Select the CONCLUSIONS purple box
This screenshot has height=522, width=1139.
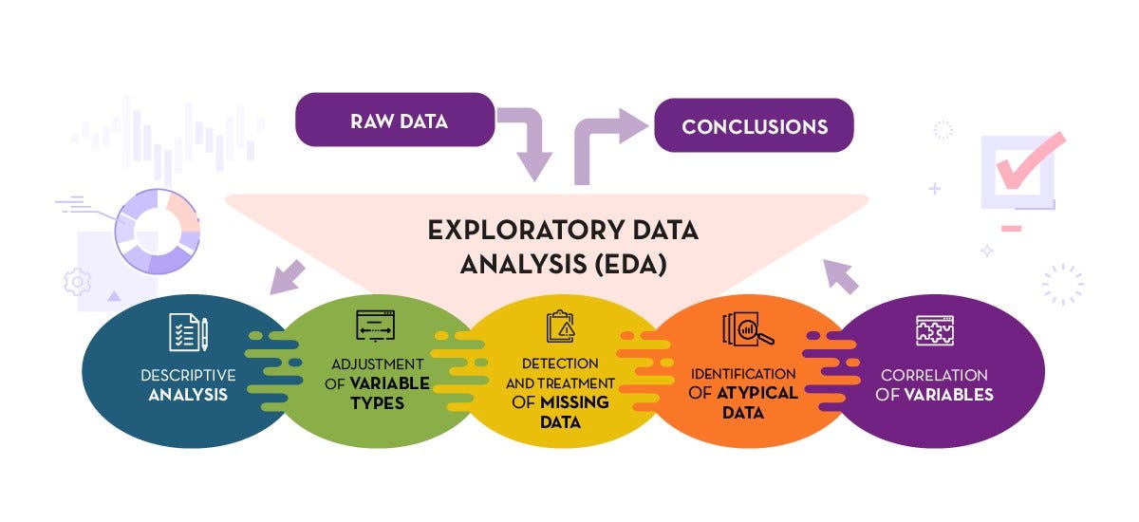point(754,125)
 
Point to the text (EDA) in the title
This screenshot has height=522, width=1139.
point(626,263)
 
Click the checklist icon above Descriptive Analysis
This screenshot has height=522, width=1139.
point(187,331)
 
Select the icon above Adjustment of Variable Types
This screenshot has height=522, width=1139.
point(374,326)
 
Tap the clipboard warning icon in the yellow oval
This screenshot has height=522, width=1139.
point(560,326)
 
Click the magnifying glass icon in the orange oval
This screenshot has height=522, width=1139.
point(748,328)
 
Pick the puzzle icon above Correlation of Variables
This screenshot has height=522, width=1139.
point(934,329)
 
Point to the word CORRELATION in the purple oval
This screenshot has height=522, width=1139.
point(934,375)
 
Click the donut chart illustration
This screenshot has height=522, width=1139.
point(156,230)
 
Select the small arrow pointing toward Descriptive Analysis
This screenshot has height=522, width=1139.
point(288,276)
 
